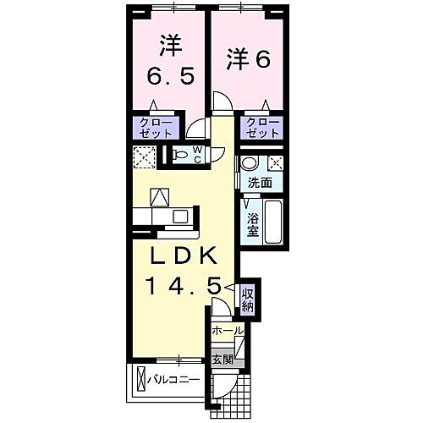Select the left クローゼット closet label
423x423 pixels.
(x=156, y=128)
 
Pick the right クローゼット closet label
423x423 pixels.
(x=263, y=128)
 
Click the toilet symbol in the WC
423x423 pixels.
(x=183, y=155)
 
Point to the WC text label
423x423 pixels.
(x=197, y=155)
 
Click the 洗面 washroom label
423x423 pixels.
(x=261, y=182)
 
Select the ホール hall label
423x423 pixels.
(x=226, y=330)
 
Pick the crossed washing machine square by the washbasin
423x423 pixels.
(x=275, y=164)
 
